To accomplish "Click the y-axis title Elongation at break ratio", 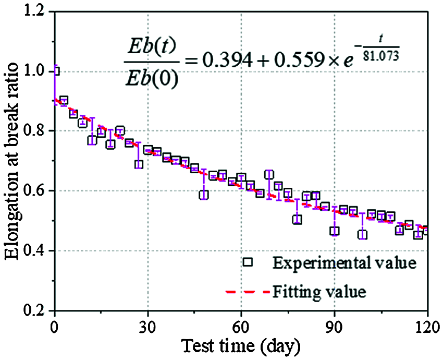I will click(x=13, y=161).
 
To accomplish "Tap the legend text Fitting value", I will click(x=318, y=291).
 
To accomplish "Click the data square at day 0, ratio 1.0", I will click(x=55, y=71).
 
